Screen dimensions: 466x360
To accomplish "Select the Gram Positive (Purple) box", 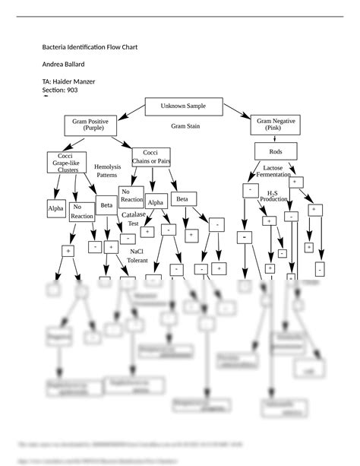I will point(90,125).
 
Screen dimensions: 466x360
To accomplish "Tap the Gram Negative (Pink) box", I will point(277,125).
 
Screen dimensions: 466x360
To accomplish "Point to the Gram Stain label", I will point(185,126).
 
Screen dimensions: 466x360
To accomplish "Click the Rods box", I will point(276,151).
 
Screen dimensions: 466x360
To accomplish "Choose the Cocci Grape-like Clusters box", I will point(68,164).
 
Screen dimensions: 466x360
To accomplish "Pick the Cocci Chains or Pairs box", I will point(150,157).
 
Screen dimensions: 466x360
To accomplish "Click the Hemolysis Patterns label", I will point(107,171).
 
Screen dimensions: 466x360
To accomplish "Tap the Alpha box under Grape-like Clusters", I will point(56,208).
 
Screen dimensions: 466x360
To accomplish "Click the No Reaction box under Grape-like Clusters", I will point(82,211).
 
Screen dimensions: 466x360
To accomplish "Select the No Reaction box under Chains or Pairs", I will point(131,196).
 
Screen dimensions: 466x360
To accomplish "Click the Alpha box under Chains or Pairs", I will point(156,203).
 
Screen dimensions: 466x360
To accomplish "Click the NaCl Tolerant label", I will point(137,255).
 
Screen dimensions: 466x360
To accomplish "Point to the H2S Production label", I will point(273,197).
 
